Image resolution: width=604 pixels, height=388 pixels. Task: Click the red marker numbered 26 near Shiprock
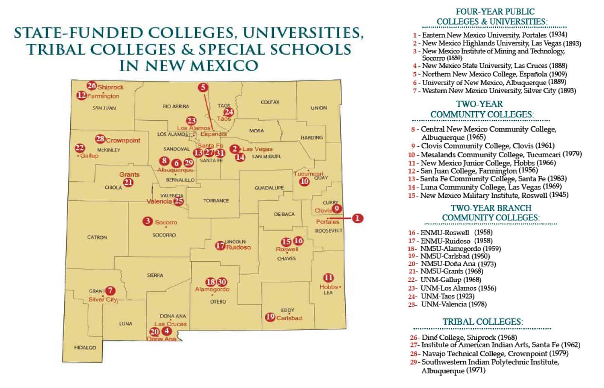click(92, 86)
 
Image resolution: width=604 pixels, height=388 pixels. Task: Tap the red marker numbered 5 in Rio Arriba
click(203, 88)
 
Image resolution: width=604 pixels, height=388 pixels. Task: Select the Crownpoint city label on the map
click(123, 140)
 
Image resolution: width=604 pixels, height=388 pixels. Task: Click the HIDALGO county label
click(85, 348)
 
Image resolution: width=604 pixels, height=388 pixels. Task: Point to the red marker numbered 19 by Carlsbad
click(270, 317)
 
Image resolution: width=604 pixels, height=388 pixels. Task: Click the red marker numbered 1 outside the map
click(358, 218)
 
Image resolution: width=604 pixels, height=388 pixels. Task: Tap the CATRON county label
click(97, 237)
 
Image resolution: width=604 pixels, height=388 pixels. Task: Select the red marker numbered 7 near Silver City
click(110, 291)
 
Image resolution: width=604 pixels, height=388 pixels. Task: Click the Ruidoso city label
click(238, 247)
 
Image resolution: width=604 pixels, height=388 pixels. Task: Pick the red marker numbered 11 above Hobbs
click(328, 278)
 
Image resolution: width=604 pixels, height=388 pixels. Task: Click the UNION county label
click(319, 108)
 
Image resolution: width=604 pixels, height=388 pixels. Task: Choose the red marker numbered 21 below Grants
click(129, 183)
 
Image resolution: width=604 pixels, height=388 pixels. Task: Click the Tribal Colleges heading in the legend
click(483, 322)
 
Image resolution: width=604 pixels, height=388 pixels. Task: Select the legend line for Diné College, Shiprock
click(463, 337)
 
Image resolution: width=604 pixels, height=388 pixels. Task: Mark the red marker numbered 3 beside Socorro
click(147, 221)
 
